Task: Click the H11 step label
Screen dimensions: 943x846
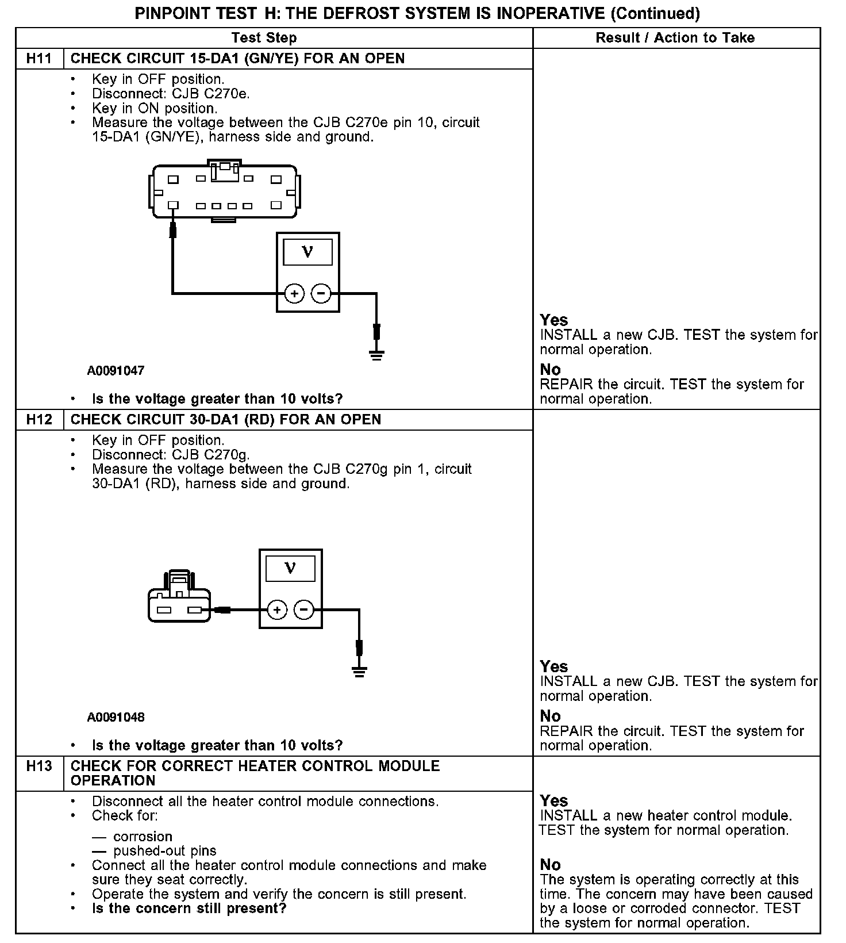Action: pos(39,59)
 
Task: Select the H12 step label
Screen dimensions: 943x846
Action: pos(39,420)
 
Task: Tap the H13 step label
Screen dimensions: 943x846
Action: pos(39,766)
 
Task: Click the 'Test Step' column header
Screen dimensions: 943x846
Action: pos(264,38)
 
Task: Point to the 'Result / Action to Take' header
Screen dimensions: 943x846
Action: pos(675,38)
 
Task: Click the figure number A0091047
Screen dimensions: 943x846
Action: pos(116,371)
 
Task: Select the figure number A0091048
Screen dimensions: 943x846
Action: pos(116,718)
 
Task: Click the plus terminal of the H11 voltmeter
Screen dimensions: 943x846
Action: pos(294,294)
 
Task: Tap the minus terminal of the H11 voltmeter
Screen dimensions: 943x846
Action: pos(321,294)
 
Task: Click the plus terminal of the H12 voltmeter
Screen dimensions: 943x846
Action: pos(277,609)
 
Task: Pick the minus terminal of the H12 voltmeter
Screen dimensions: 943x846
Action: pos(304,609)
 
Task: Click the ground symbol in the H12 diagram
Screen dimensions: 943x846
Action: pos(360,670)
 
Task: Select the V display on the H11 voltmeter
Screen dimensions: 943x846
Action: pos(308,252)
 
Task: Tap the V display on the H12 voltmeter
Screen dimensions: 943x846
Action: pos(291,568)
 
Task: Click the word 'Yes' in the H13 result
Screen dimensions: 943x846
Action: pos(554,801)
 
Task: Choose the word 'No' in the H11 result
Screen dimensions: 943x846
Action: pos(550,370)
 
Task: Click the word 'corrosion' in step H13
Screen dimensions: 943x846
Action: pos(143,837)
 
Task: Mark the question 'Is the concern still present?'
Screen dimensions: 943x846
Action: pos(189,908)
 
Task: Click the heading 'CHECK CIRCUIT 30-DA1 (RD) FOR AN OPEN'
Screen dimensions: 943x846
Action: pos(226,420)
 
